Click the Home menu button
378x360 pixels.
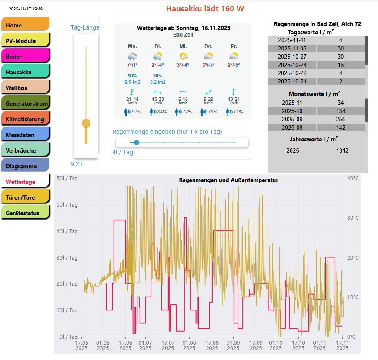pyautogui.click(x=25, y=25)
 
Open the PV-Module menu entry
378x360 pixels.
pyautogui.click(x=25, y=41)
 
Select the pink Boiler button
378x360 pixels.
pyautogui.click(x=25, y=57)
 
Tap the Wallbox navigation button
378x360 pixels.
pyautogui.click(x=25, y=88)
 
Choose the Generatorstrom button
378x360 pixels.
pyautogui.click(x=25, y=103)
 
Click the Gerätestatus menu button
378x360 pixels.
pyautogui.click(x=25, y=213)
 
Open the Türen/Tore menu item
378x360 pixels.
pyautogui.click(x=25, y=197)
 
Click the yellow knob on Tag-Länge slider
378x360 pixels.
pyautogui.click(x=86, y=123)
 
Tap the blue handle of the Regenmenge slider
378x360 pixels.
pyautogui.click(x=137, y=143)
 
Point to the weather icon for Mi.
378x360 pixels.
pyautogui.click(x=183, y=56)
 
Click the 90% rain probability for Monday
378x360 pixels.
pyautogui.click(x=132, y=76)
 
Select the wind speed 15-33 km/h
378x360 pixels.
pyautogui.click(x=158, y=100)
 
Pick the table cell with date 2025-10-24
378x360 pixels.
pyautogui.click(x=292, y=65)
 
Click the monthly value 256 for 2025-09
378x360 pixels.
pyautogui.click(x=341, y=119)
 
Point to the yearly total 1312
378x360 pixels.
pyautogui.click(x=342, y=150)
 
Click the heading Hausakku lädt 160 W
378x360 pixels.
pyautogui.click(x=205, y=9)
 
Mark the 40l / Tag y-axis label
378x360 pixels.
pyautogui.click(x=67, y=231)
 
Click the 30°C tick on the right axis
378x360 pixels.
pyautogui.click(x=353, y=218)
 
